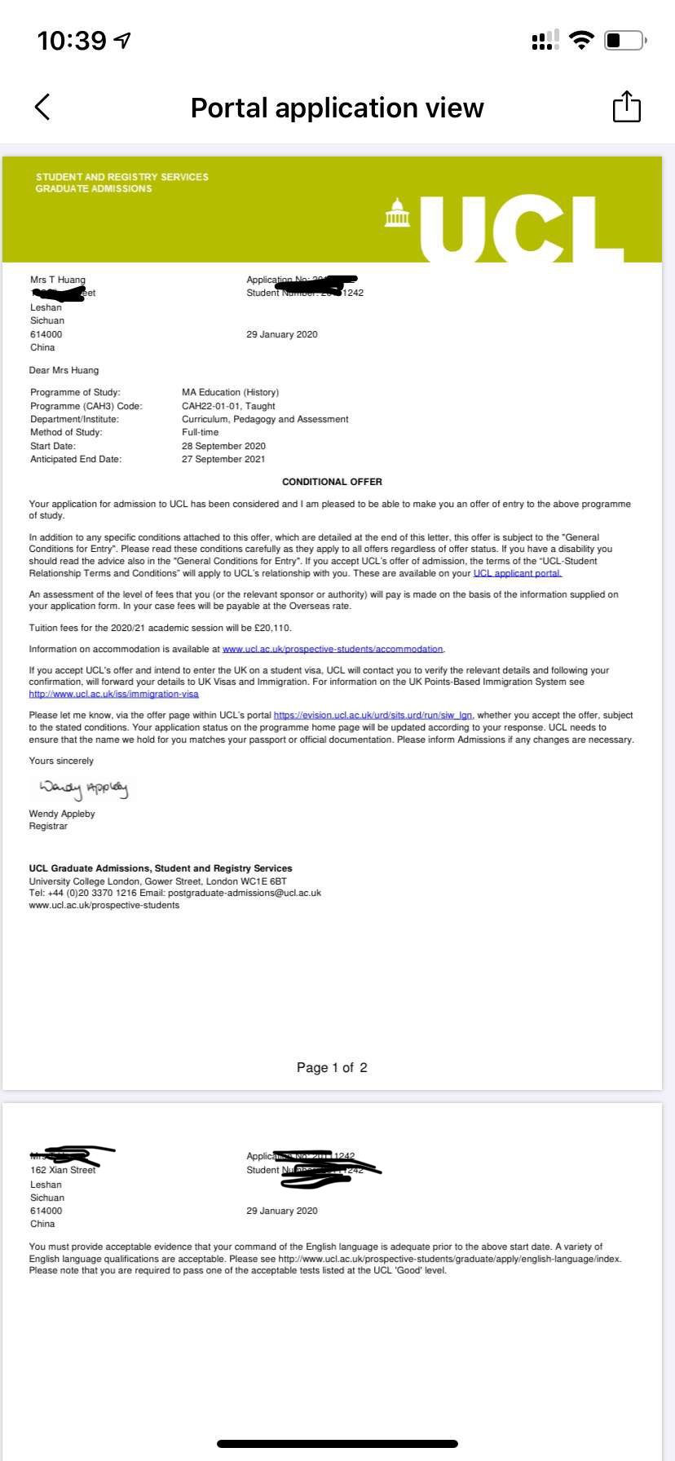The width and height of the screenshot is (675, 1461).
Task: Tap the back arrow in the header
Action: pos(42,107)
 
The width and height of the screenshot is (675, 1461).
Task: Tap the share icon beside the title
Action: pos(626,107)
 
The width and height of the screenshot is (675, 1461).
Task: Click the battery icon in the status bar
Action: pos(624,40)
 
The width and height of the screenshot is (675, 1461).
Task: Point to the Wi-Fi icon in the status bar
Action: pos(581,40)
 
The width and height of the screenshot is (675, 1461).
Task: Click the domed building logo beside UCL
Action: pos(397,213)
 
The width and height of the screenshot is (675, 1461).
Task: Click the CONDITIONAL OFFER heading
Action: pos(332,482)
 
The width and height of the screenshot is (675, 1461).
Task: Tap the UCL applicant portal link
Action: pos(518,573)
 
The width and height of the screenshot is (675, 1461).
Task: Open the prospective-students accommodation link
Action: pos(333,649)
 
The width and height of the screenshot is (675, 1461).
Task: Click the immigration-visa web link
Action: pos(113,694)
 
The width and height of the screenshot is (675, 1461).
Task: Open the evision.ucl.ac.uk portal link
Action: pos(373,715)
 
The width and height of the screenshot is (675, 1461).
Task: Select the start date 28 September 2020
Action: pos(223,446)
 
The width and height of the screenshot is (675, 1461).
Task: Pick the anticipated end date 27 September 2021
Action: pos(223,459)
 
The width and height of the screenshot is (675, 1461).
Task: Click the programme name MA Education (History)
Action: pos(230,392)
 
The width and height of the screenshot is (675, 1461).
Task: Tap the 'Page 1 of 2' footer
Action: pos(332,1067)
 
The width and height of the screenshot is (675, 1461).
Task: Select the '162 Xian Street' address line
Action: pos(63,1170)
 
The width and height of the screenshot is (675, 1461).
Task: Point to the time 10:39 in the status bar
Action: pos(72,40)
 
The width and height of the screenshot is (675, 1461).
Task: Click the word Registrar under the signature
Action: pos(48,826)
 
